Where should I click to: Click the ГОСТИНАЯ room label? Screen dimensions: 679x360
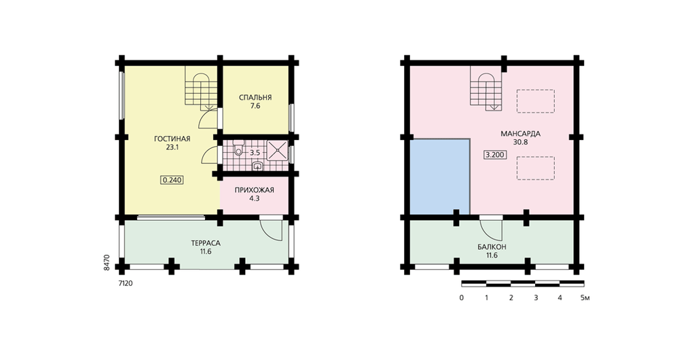(172, 139)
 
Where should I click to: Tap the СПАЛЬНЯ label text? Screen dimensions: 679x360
(255, 98)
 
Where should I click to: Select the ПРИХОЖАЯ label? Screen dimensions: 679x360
(254, 190)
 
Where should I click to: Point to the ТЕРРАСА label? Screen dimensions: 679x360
(206, 243)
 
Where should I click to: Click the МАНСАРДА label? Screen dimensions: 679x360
(520, 133)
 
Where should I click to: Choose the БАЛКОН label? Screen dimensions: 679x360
(492, 247)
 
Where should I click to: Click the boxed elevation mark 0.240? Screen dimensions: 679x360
(172, 180)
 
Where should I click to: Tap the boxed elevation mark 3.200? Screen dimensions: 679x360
(495, 155)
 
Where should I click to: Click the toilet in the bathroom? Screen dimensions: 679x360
(238, 149)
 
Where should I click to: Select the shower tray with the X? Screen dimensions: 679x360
(276, 150)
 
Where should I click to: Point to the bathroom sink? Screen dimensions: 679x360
(257, 165)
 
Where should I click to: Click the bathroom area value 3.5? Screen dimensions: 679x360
(255, 153)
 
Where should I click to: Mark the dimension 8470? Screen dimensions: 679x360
(107, 263)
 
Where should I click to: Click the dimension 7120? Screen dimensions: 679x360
(126, 284)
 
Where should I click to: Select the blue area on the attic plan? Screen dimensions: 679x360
(440, 177)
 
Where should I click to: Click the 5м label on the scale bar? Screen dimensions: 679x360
(585, 298)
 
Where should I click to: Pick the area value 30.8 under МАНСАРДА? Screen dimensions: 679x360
(520, 142)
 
